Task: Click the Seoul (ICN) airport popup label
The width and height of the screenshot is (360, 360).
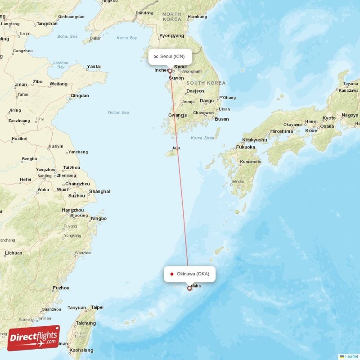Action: [x=170, y=57]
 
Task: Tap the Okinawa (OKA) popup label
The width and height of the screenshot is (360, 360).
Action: [x=189, y=274]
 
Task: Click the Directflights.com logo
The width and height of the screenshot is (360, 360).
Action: [x=34, y=337]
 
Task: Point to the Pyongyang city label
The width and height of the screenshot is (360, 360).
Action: [x=172, y=36]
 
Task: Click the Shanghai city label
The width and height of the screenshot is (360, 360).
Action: [x=99, y=191]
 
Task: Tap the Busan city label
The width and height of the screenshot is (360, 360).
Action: [x=222, y=119]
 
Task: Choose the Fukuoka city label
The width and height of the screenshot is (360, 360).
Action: [x=246, y=147]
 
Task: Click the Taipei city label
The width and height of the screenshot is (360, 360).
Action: [x=97, y=307]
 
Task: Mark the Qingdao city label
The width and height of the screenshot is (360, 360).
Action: [x=80, y=96]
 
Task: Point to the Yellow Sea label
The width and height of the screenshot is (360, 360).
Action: [x=118, y=112]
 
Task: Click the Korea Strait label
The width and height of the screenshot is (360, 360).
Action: [x=202, y=138]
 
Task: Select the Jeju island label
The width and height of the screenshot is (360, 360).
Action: [x=176, y=148]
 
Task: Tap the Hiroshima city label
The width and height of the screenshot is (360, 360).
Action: [x=282, y=131]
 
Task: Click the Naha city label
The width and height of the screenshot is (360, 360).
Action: [x=196, y=286]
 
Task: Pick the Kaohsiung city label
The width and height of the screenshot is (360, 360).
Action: [x=81, y=350]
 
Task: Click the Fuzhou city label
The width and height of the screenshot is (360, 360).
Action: [x=61, y=288]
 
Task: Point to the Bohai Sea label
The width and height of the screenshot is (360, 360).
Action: [x=67, y=36]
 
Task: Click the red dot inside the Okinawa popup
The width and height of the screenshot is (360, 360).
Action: [x=172, y=274]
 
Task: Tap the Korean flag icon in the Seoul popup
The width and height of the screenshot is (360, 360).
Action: [x=156, y=57]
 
